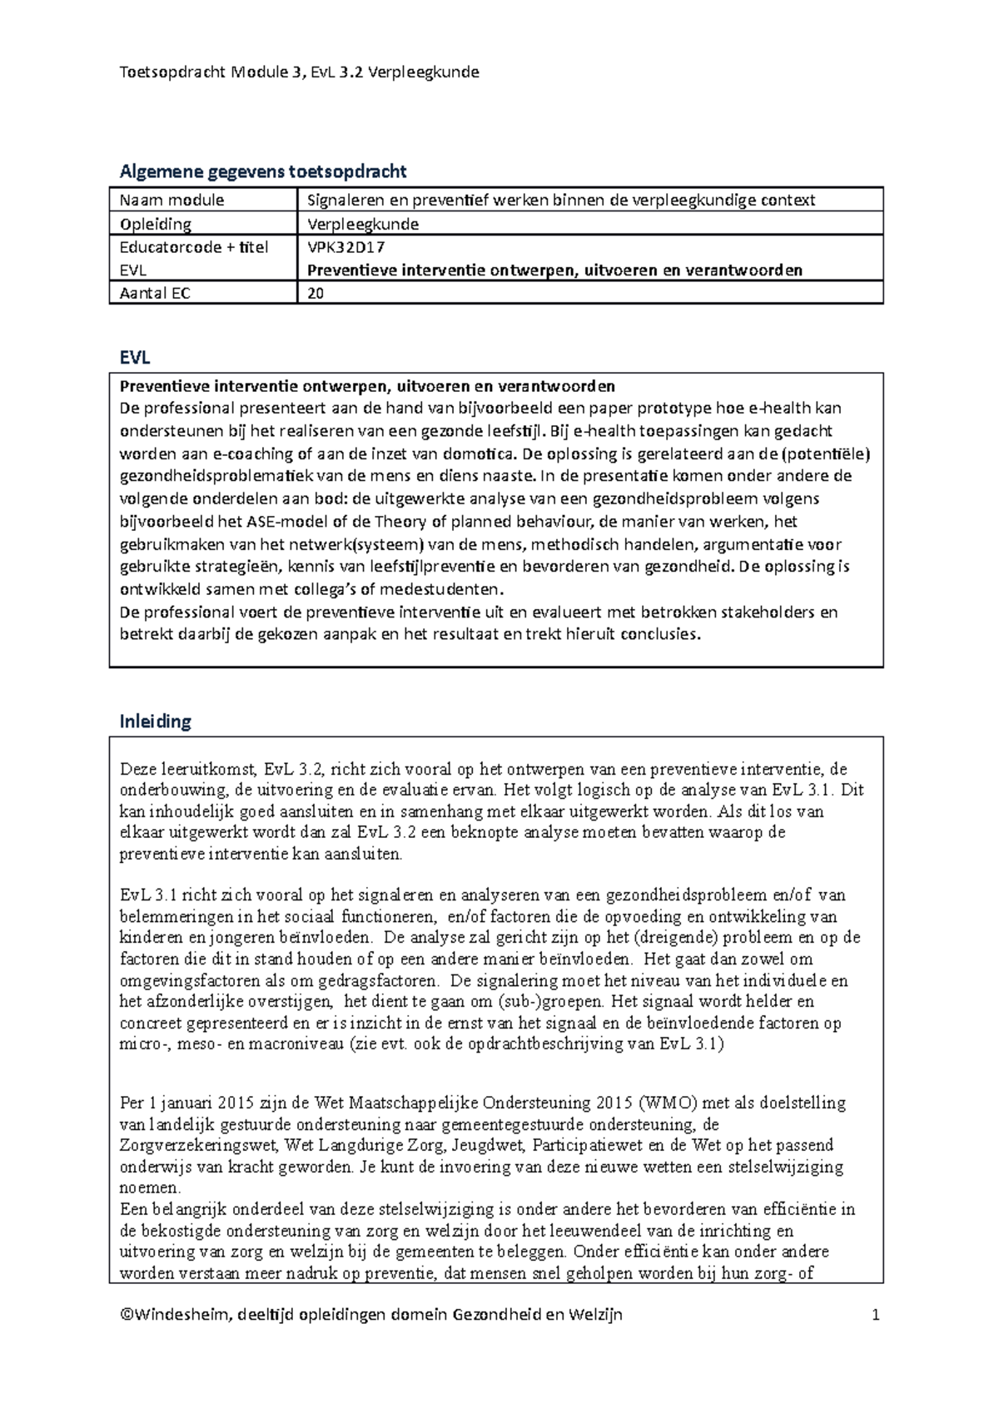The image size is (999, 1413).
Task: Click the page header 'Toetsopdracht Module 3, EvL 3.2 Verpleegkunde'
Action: [300, 72]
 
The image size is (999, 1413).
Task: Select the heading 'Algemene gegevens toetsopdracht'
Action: [263, 171]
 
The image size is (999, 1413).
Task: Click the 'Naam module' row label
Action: [172, 200]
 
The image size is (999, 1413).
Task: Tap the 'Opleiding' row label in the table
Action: [156, 224]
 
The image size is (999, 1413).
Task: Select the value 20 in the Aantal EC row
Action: [316, 293]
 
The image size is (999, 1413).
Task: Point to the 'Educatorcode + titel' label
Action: [194, 247]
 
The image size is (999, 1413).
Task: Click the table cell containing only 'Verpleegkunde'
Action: [363, 224]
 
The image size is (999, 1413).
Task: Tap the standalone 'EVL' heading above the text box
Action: [135, 358]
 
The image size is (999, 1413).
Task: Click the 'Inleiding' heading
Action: [156, 721]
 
